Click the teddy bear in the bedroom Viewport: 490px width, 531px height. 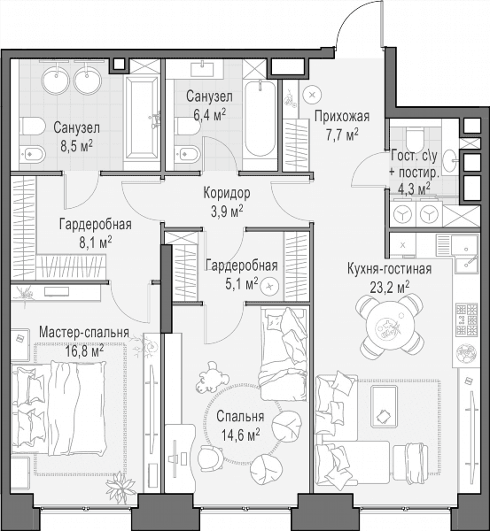[x=210, y=377]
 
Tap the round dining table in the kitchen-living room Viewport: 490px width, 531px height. [x=389, y=327]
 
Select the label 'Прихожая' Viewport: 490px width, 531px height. [x=342, y=116]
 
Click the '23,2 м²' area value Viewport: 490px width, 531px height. [x=390, y=288]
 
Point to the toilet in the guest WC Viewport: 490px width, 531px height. [x=415, y=136]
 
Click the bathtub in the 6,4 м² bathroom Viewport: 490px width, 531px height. [x=260, y=119]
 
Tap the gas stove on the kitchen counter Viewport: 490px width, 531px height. [x=467, y=319]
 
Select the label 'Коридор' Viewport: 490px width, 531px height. [x=227, y=193]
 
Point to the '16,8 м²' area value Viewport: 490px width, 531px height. [x=85, y=351]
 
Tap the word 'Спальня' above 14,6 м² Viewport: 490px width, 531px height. [x=240, y=417]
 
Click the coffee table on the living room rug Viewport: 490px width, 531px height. [x=385, y=406]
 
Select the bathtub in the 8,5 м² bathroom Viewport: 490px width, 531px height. [x=142, y=118]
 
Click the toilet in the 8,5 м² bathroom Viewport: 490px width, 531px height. [x=32, y=127]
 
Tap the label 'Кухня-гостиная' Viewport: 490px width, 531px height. [x=389, y=269]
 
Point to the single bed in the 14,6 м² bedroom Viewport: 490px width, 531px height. [x=284, y=353]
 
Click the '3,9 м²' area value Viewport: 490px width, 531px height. [x=227, y=212]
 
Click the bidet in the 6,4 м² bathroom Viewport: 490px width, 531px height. [x=187, y=154]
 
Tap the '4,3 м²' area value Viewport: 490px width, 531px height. [x=414, y=189]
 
